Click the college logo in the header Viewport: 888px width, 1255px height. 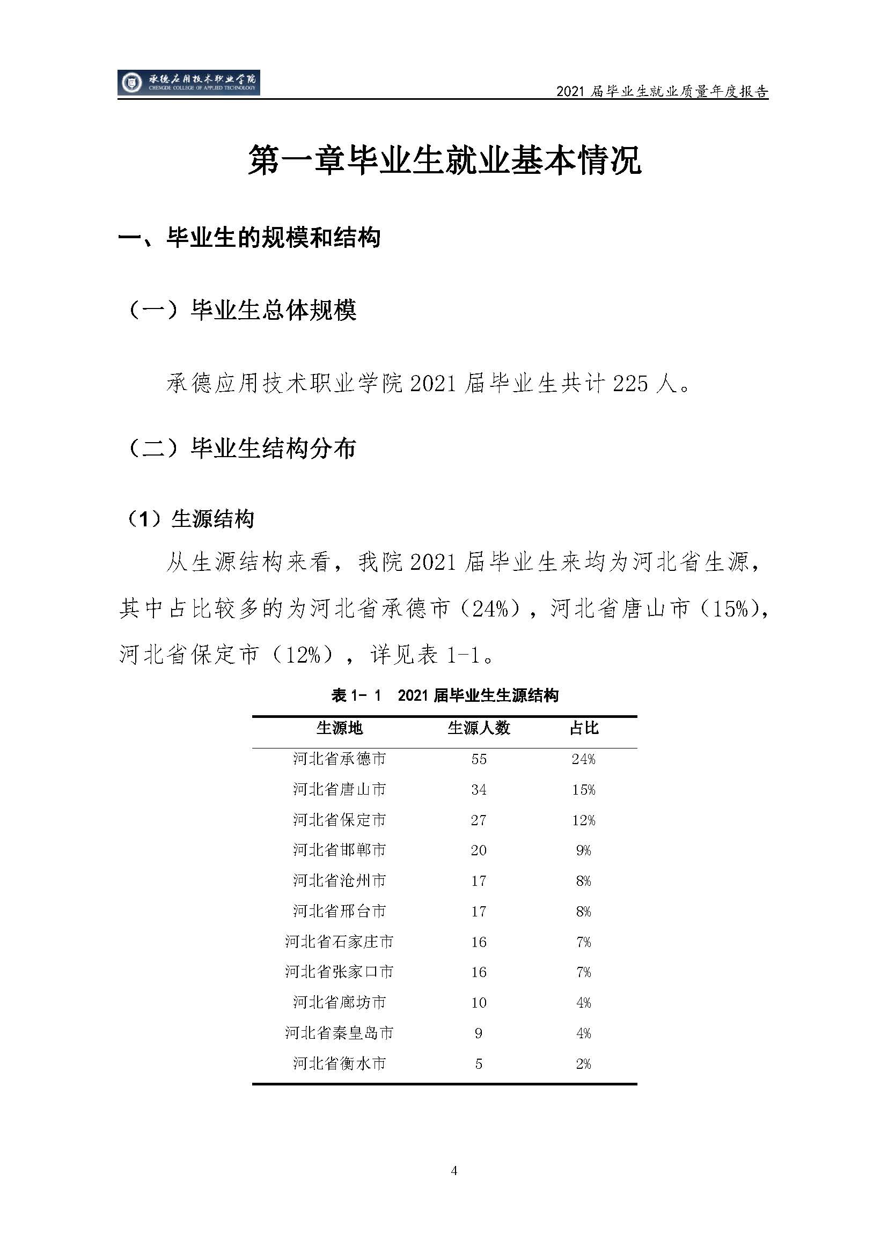pyautogui.click(x=188, y=83)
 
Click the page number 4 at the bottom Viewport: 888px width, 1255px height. pyautogui.click(x=453, y=1171)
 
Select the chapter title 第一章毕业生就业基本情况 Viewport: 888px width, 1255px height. pyautogui.click(x=444, y=160)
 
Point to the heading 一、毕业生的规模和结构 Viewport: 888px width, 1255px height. pyautogui.click(x=249, y=237)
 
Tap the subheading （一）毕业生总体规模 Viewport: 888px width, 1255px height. pyautogui.click(x=241, y=311)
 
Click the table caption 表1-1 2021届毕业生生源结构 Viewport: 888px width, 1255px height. pyautogui.click(x=445, y=695)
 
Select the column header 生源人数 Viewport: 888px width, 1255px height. pyautogui.click(x=479, y=728)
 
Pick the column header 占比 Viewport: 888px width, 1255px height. pyautogui.click(x=584, y=728)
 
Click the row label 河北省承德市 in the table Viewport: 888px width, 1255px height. pyautogui.click(x=339, y=759)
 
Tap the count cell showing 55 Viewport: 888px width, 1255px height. pyautogui.click(x=479, y=759)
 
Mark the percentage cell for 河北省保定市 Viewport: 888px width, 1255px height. pyautogui.click(x=583, y=820)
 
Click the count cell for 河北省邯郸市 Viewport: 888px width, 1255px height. pyautogui.click(x=479, y=850)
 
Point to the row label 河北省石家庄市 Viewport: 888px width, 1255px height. pyautogui.click(x=339, y=942)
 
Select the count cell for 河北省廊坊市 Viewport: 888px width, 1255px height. pyautogui.click(x=479, y=1002)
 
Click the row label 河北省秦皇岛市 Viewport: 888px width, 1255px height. pyautogui.click(x=339, y=1033)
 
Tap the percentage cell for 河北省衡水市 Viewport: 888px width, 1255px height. pyautogui.click(x=583, y=1063)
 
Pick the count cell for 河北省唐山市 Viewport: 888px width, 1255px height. pyautogui.click(x=479, y=790)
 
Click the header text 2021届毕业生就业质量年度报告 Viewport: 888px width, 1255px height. pyautogui.click(x=662, y=91)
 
